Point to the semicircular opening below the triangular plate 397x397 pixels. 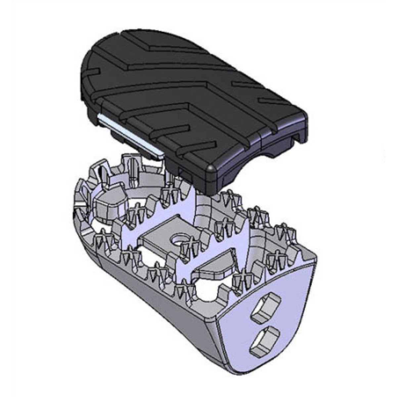coord(212,291)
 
